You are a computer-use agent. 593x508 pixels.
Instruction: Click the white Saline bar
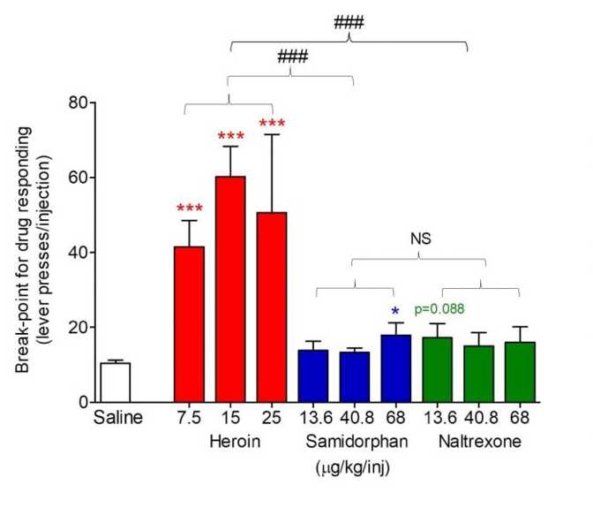click(x=115, y=382)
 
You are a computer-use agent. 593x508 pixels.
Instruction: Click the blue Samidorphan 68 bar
click(x=394, y=368)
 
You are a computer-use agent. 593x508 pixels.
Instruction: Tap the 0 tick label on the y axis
click(x=80, y=403)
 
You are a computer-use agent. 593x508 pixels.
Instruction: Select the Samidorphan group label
click(x=354, y=440)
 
